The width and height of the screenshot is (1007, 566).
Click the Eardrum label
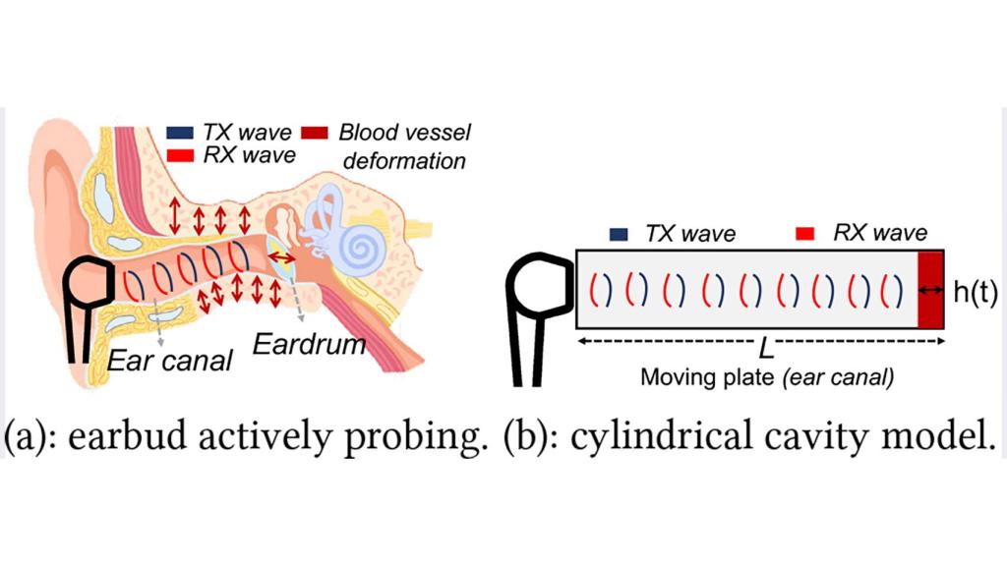pyautogui.click(x=309, y=345)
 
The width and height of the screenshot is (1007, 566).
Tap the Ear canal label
pyautogui.click(x=169, y=361)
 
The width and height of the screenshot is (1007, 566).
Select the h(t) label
pyautogui.click(x=975, y=291)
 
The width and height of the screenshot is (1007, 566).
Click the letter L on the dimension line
pyautogui.click(x=765, y=349)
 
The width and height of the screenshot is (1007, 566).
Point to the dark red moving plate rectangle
pyautogui.click(x=930, y=290)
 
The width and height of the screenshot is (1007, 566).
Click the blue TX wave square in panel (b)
pyautogui.click(x=619, y=234)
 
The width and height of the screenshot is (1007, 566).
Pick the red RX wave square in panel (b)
pyautogui.click(x=804, y=234)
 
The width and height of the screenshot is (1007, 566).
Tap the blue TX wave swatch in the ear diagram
pyautogui.click(x=180, y=133)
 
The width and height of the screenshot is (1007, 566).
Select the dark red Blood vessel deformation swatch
pyautogui.click(x=315, y=133)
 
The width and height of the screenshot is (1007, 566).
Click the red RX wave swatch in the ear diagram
pyautogui.click(x=180, y=155)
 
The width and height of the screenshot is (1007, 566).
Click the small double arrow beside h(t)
pyautogui.click(x=930, y=291)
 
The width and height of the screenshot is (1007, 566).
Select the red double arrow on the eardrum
pyautogui.click(x=281, y=257)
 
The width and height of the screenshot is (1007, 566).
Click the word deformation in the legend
pyautogui.click(x=404, y=160)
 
